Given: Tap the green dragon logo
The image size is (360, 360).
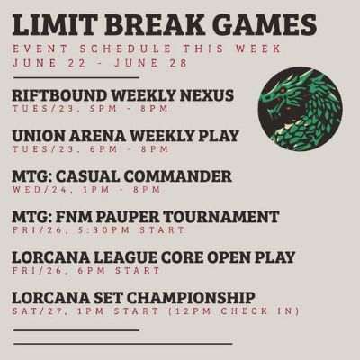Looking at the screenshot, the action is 300,109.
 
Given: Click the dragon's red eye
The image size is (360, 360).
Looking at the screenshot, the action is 282,91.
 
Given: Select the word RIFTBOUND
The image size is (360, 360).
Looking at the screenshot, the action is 59,96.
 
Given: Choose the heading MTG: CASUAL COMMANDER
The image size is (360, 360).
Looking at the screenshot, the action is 121,176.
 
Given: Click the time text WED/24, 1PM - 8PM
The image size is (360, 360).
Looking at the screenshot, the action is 86,190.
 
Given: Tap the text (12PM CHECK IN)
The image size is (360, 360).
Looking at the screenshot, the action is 233,311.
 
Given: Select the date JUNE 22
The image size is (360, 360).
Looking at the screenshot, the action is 49,63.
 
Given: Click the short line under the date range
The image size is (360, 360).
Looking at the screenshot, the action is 76,78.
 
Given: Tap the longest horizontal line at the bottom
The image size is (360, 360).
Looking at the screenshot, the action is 123,344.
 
